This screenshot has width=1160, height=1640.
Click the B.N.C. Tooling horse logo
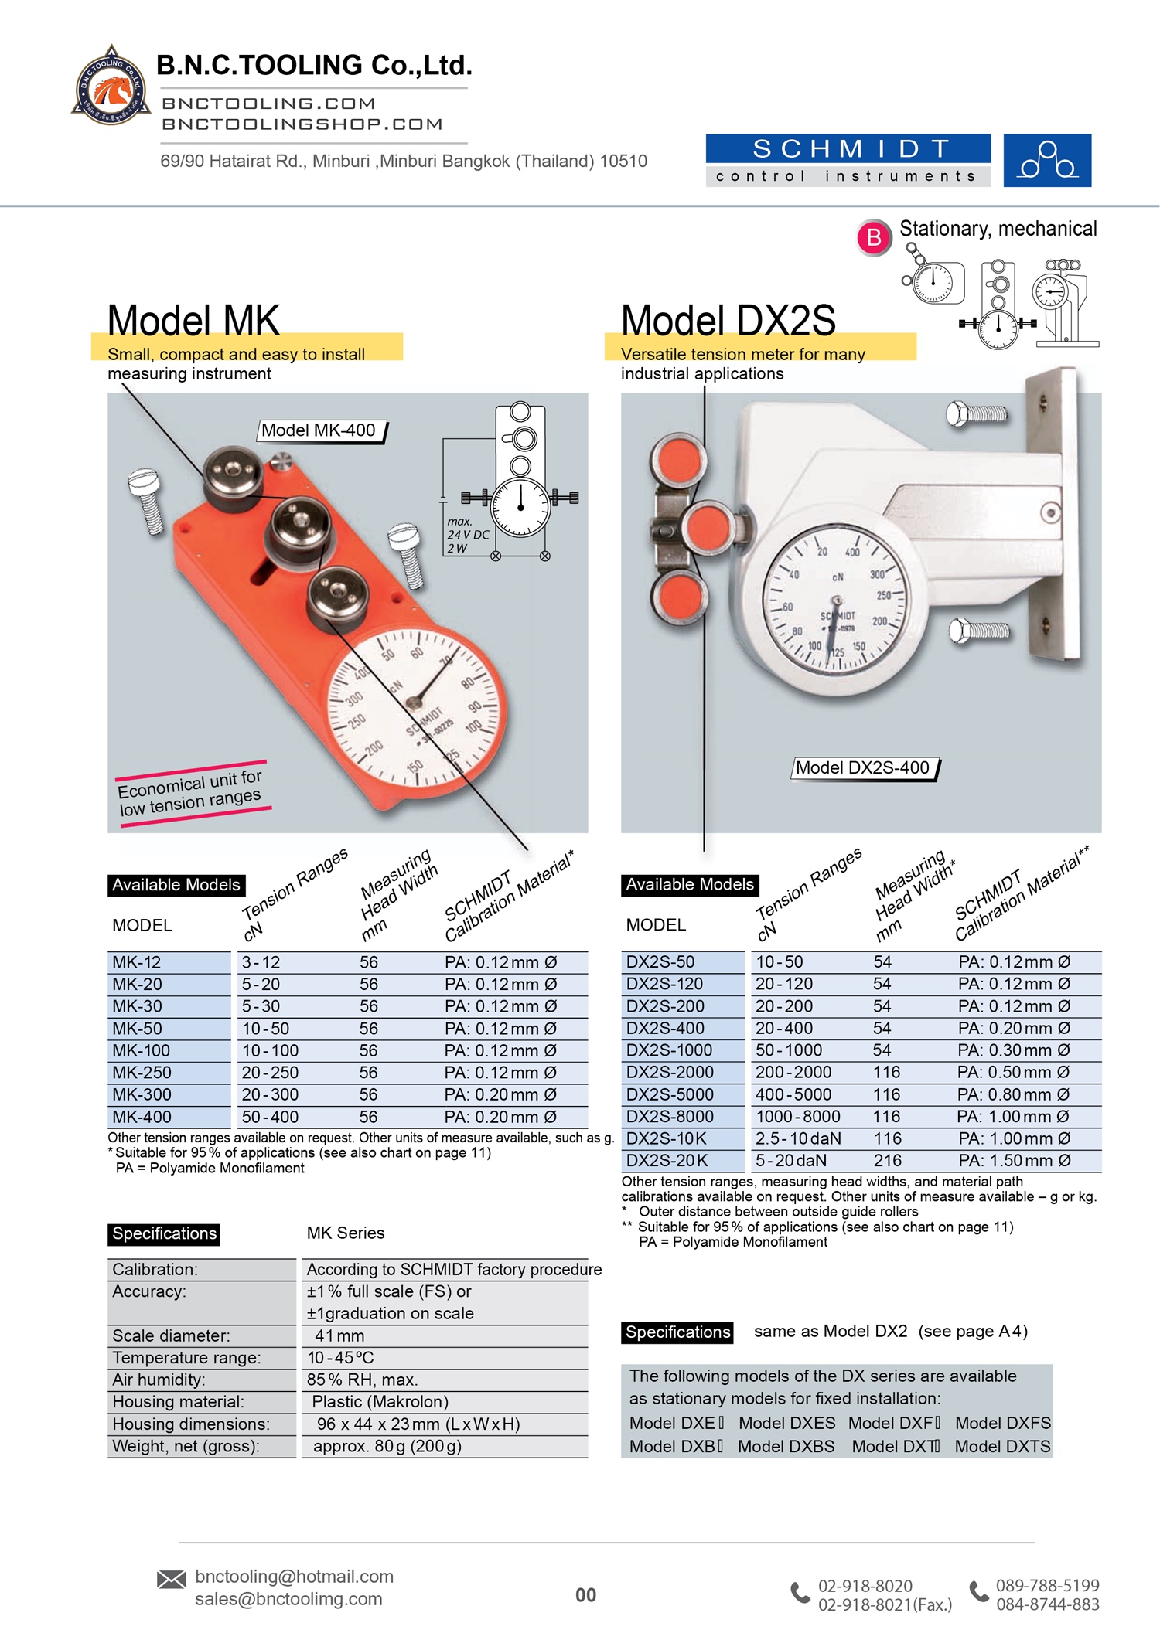(x=111, y=87)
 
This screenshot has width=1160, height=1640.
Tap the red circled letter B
(x=874, y=237)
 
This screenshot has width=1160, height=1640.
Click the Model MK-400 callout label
(x=319, y=430)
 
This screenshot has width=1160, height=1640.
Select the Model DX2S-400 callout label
(x=863, y=767)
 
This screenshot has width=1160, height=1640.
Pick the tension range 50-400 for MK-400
(x=270, y=1117)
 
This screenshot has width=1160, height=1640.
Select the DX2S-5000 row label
(x=670, y=1094)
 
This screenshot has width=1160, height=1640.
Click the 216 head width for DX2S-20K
(x=888, y=1160)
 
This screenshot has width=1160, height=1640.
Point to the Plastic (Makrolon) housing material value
(x=380, y=1402)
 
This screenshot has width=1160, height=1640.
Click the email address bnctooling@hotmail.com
(x=294, y=1577)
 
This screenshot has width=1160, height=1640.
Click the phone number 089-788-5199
(x=1047, y=1585)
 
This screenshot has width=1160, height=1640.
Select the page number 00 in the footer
(x=585, y=1595)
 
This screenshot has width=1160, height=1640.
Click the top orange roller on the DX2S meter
(x=678, y=461)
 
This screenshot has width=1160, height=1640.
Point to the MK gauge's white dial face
(x=415, y=707)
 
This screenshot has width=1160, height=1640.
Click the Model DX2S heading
(x=728, y=321)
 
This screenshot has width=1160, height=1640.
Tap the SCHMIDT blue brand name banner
(x=848, y=148)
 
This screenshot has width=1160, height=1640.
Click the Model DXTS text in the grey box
(x=1002, y=1446)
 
